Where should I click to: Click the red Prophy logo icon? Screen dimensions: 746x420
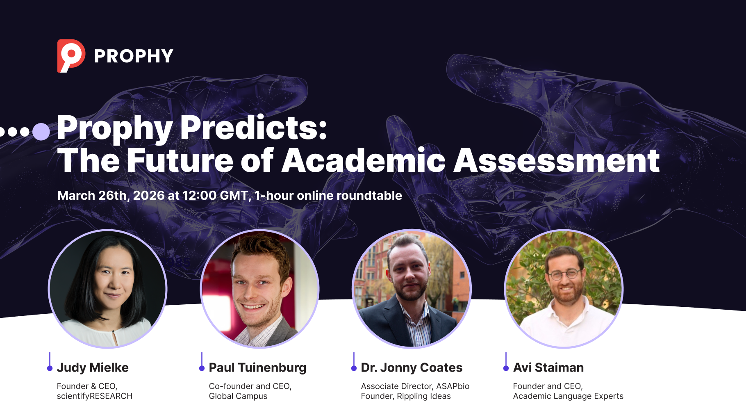click(71, 56)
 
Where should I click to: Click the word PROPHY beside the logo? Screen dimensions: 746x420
click(134, 56)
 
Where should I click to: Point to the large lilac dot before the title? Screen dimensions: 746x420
click(41, 132)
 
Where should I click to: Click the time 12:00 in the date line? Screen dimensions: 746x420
click(200, 195)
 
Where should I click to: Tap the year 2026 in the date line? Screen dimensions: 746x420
click(149, 195)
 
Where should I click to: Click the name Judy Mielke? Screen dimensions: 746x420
click(93, 367)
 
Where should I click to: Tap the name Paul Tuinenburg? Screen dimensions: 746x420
click(257, 367)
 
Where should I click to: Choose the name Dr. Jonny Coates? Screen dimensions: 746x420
click(412, 367)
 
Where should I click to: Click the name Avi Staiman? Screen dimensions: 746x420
click(548, 367)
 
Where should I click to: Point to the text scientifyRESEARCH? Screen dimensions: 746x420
click(95, 396)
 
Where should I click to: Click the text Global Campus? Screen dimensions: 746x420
click(238, 396)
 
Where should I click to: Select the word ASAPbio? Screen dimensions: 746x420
click(453, 386)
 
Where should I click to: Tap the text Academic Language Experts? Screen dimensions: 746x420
click(568, 396)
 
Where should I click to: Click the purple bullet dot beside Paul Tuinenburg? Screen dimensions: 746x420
click(202, 368)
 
